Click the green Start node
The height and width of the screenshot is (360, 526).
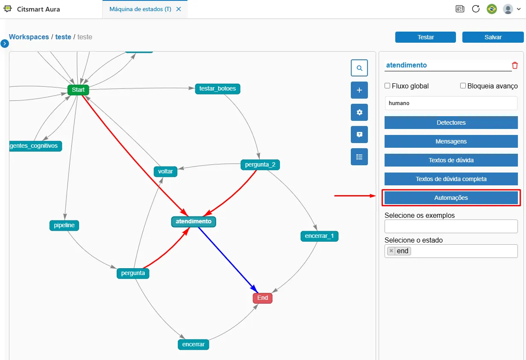78,90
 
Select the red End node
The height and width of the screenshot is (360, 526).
262,298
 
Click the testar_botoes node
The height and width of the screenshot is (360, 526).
217,89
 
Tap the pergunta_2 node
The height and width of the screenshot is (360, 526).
260,164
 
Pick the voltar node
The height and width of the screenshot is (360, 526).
165,171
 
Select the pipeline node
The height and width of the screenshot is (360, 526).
64,225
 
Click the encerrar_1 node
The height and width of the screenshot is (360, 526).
319,236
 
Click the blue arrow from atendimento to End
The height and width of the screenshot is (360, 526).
228,260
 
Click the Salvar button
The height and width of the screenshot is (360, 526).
493,37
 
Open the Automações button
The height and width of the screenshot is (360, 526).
451,198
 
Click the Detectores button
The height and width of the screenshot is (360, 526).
451,123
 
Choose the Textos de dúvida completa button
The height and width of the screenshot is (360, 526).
451,179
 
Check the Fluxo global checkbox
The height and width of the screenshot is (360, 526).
388,86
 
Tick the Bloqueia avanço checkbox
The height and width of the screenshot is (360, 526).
463,86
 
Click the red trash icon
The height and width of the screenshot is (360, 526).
515,65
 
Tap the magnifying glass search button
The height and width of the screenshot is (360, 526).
359,68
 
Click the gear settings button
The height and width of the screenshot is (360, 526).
359,112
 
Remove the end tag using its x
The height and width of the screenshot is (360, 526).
391,251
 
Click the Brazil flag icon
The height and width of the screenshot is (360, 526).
492,9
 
